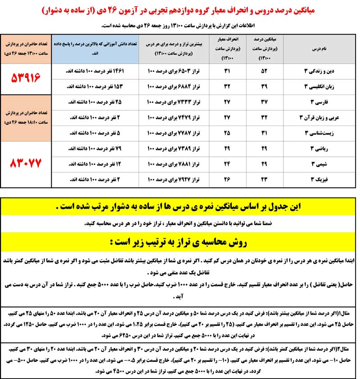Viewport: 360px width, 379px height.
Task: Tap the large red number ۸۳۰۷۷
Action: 26,163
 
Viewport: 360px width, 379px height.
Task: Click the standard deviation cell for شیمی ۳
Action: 227,164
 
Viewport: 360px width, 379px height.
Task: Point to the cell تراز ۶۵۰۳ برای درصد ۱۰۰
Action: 174,71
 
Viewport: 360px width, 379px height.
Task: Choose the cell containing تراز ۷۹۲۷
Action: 174,179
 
